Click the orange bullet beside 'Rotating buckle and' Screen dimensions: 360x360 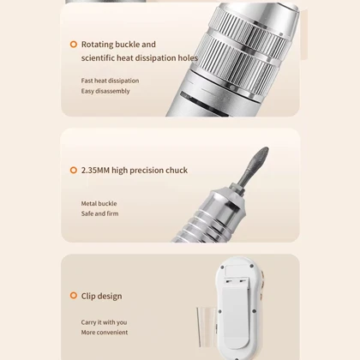click(x=74, y=45)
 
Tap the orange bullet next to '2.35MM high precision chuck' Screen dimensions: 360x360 click(x=74, y=171)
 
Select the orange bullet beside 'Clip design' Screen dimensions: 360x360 click(x=74, y=296)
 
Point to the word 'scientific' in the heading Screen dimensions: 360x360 click(x=98, y=57)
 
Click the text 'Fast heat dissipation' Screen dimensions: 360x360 click(x=110, y=81)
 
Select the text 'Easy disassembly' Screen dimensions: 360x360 click(x=105, y=91)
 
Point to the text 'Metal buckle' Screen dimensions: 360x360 click(x=99, y=203)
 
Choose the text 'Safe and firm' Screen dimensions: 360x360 click(x=99, y=213)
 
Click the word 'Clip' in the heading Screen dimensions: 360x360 click(x=88, y=296)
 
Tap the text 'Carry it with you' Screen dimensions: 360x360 click(x=104, y=322)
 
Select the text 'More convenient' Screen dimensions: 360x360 click(x=105, y=333)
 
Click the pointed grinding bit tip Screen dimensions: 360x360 click(x=267, y=148)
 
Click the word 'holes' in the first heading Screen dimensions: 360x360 click(x=188, y=57)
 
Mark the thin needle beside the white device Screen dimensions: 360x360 click(x=198, y=327)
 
